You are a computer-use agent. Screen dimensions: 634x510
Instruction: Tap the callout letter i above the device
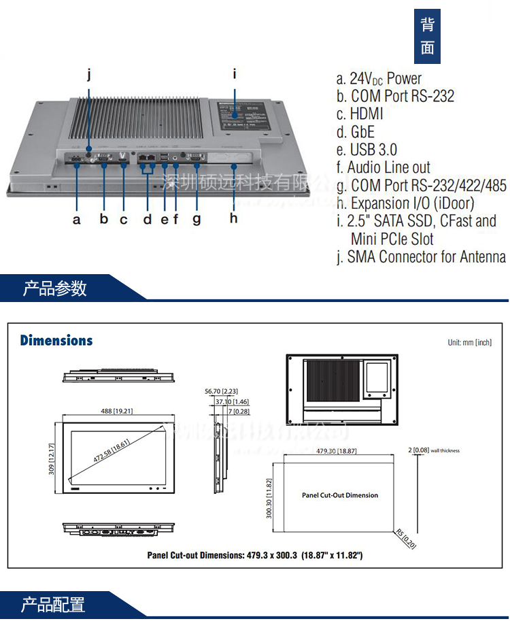pyautogui.click(x=234, y=73)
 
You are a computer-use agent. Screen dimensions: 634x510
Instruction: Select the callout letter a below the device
pyautogui.click(x=76, y=219)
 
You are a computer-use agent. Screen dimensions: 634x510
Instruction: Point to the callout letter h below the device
pyautogui.click(x=233, y=218)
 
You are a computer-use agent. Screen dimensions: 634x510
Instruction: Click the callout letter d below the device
pyautogui.click(x=148, y=219)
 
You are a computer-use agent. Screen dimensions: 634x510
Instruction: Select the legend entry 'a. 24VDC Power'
pyautogui.click(x=379, y=78)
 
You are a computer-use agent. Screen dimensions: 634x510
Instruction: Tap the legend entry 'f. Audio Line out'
pyautogui.click(x=384, y=167)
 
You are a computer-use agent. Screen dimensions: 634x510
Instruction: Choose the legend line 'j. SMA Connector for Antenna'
pyautogui.click(x=421, y=256)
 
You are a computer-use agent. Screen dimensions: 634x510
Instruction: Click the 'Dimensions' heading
pyautogui.click(x=56, y=340)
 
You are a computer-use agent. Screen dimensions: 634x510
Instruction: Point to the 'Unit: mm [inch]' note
pyautogui.click(x=469, y=342)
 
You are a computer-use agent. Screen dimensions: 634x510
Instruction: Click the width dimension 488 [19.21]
pyautogui.click(x=112, y=411)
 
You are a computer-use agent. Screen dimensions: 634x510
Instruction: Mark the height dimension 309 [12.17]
pyautogui.click(x=52, y=459)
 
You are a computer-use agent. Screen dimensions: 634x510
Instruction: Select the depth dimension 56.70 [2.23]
pyautogui.click(x=221, y=391)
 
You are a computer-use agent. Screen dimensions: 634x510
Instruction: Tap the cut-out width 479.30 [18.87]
pyautogui.click(x=338, y=451)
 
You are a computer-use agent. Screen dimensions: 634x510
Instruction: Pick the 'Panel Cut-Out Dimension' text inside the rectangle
pyautogui.click(x=340, y=495)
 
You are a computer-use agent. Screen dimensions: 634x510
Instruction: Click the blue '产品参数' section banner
pyautogui.click(x=55, y=288)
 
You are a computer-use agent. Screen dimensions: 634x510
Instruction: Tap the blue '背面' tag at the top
pyautogui.click(x=427, y=36)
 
